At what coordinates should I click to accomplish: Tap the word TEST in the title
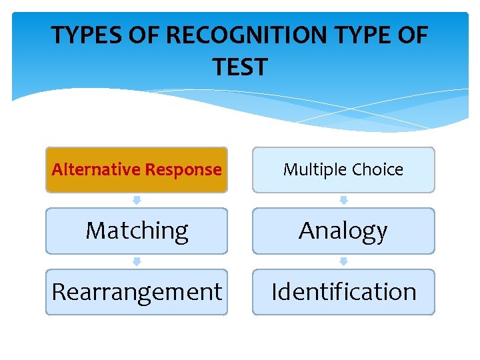240,67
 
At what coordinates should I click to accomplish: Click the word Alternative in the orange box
97,169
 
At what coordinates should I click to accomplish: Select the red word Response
183,169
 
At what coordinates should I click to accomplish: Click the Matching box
137,231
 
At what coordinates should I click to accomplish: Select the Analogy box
343,231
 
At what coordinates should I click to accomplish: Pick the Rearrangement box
137,292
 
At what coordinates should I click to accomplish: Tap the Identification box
343,292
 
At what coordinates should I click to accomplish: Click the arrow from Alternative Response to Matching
137,200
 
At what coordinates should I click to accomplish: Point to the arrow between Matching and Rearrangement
137,261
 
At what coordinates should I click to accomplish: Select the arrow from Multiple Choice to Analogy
343,200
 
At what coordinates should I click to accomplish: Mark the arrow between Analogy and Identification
343,261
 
